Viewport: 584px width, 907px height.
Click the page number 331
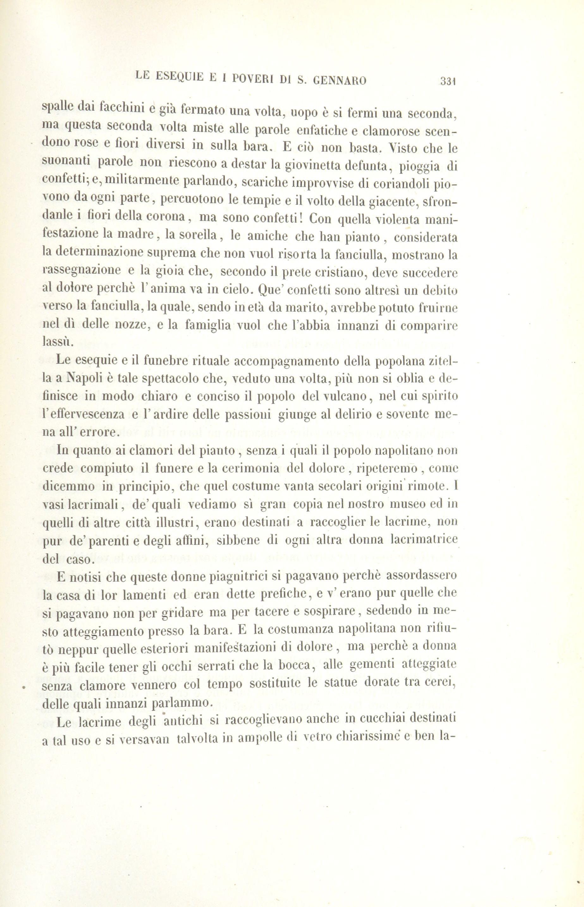coord(447,81)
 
